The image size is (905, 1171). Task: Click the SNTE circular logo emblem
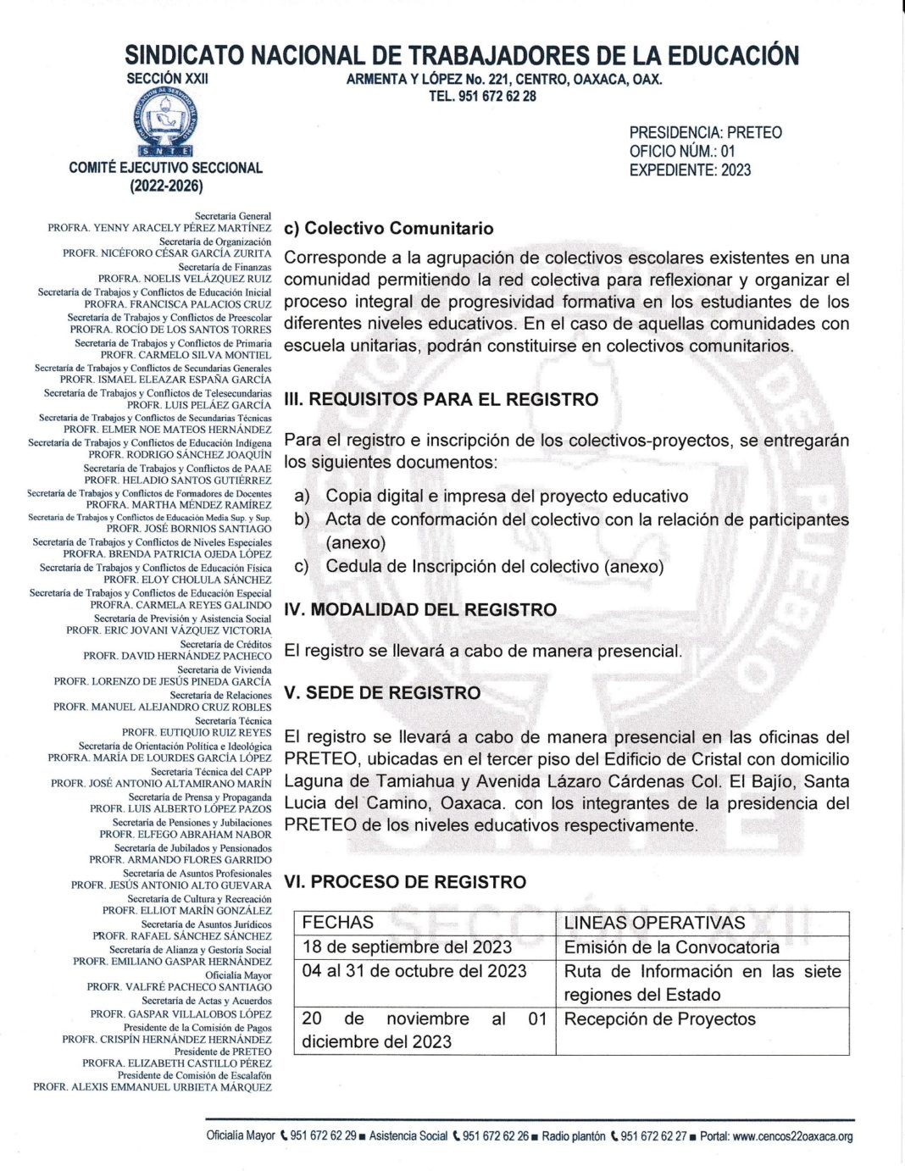[167, 119]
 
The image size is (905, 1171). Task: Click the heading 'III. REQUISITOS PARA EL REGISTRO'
[441, 400]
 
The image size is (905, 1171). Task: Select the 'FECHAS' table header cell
[337, 923]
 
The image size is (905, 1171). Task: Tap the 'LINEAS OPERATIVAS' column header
[654, 923]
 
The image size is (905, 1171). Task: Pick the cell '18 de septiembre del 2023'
[407, 947]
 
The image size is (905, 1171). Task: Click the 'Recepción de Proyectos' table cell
[659, 1019]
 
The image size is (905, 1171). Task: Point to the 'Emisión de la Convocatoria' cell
[671, 947]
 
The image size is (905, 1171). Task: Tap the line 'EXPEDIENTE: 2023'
[690, 170]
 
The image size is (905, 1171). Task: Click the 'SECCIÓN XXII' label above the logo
[167, 78]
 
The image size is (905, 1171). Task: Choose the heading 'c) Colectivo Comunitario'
[388, 229]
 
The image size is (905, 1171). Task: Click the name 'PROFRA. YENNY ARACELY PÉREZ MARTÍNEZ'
[159, 228]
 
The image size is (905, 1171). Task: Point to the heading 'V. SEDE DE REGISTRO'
[382, 693]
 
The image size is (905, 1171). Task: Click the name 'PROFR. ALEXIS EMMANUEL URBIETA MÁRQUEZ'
[153, 1087]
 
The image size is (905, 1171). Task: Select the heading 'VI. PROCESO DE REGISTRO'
[405, 882]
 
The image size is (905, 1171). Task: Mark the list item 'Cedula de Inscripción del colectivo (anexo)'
[494, 566]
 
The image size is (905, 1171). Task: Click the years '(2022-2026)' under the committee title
[166, 186]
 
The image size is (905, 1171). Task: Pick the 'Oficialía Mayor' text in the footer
[241, 1136]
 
